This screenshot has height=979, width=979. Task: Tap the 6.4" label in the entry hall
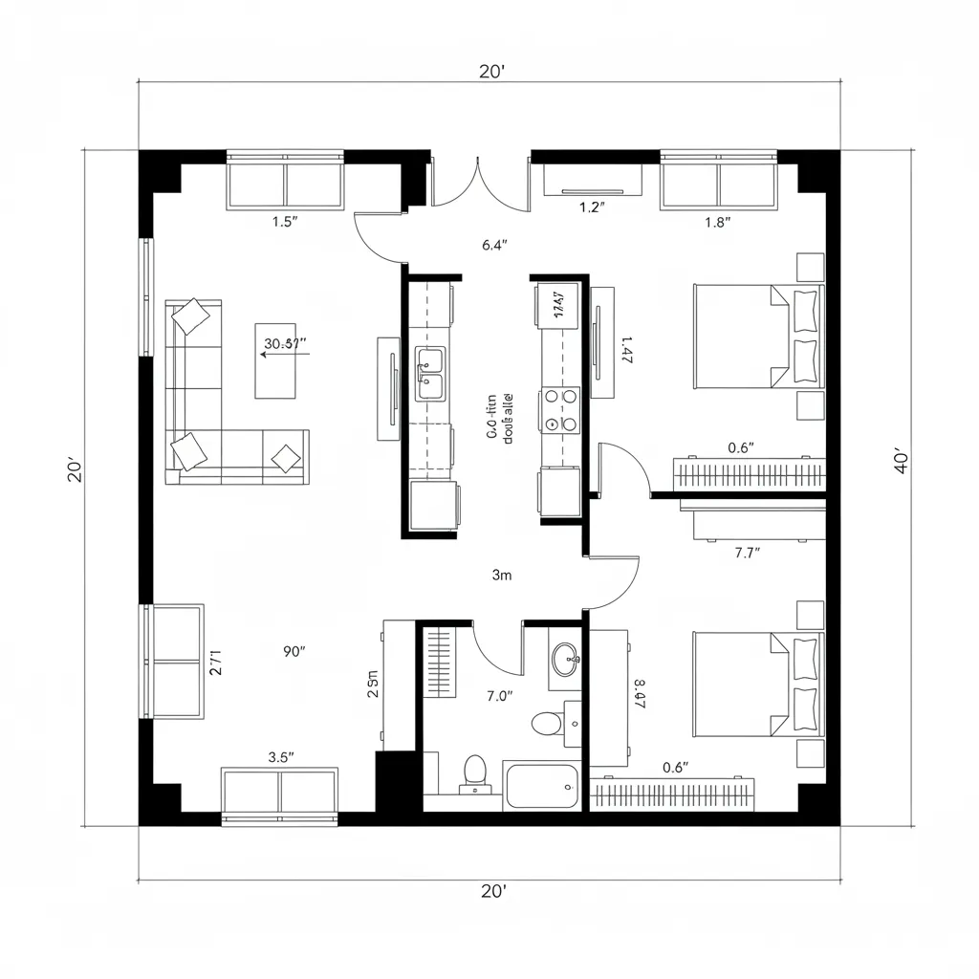point(494,245)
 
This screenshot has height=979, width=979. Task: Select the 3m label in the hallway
point(502,575)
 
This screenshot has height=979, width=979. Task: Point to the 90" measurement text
point(294,652)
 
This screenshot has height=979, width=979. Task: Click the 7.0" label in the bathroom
point(499,696)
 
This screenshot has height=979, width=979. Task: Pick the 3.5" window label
point(281,755)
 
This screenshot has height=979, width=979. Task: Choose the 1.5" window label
point(285,222)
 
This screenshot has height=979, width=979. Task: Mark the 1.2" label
point(593,207)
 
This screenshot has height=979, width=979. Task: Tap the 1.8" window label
point(717,222)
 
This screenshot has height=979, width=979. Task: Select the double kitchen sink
point(429,374)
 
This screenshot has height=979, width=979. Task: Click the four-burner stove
point(559,409)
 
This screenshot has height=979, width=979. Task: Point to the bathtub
point(542,786)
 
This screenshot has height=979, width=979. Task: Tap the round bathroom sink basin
point(565,657)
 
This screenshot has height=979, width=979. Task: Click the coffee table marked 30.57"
point(283,359)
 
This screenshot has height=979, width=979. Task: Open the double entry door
point(480,182)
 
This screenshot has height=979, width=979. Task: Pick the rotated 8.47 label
point(640,693)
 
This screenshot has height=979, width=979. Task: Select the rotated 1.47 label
point(627,351)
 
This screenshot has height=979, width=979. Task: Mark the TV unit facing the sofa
point(388,389)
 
